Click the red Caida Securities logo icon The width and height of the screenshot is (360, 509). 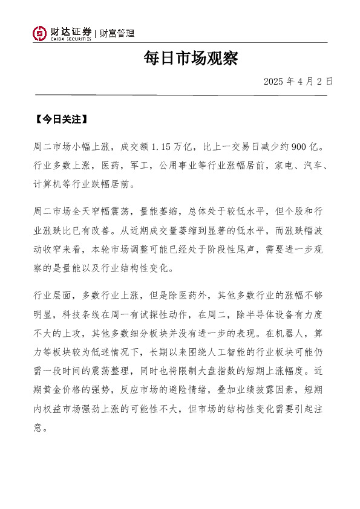click(x=39, y=33)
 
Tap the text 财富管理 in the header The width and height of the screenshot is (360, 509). click(x=117, y=33)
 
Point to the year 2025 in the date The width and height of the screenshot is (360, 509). click(x=274, y=81)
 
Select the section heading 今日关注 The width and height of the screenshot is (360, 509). click(x=61, y=119)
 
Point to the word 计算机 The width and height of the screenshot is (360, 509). click(x=48, y=182)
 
